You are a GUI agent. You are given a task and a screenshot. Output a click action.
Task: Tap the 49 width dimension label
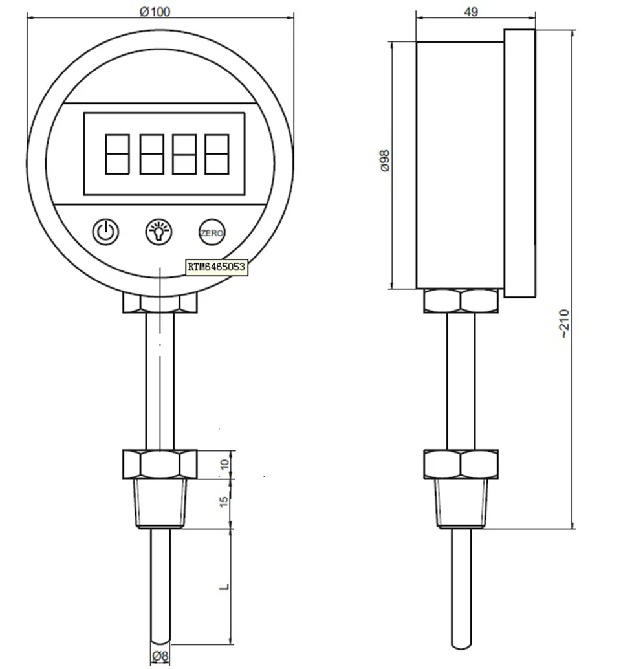[472, 12]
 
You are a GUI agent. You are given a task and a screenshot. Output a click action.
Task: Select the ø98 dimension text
[385, 160]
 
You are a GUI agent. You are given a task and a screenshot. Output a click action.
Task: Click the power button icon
[106, 231]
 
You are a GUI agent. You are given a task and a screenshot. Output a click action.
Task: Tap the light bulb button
[158, 231]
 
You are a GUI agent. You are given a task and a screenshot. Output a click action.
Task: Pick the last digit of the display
[217, 153]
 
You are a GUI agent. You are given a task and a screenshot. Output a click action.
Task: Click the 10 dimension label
[224, 465]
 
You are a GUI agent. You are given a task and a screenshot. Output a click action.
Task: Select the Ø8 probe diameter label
[160, 656]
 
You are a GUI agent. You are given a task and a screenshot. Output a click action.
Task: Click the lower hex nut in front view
[160, 465]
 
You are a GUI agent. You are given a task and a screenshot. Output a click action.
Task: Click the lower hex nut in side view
[461, 465]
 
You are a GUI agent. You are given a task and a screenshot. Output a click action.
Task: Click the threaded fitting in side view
[461, 503]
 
